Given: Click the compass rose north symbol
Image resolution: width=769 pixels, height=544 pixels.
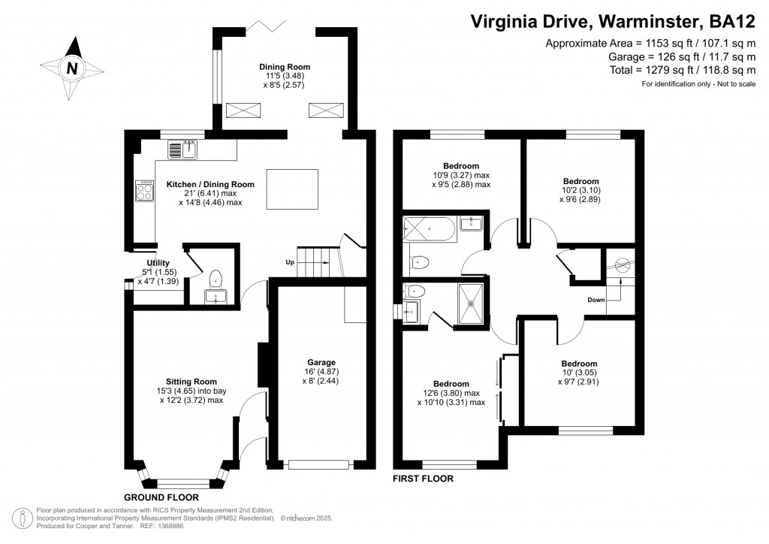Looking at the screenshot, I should coord(72,68).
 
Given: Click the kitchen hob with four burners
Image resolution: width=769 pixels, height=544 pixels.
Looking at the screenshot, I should coord(143,191).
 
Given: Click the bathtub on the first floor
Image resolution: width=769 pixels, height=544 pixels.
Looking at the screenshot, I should coord(429,228).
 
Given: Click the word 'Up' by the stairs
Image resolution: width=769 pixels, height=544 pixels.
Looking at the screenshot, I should coord(289,263).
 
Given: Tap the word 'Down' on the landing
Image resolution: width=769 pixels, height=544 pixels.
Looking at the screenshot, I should coord(596,299).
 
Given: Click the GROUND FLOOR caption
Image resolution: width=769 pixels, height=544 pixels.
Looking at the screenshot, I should coord(161,497).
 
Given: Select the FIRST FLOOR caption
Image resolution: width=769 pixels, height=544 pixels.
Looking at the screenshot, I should coord(424,479).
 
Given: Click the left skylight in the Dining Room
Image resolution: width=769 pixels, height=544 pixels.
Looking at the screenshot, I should coord(245,111).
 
